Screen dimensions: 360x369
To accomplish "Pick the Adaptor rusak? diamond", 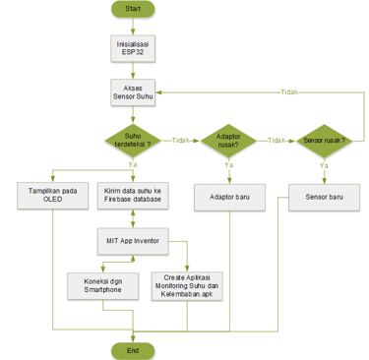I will [x=228, y=141].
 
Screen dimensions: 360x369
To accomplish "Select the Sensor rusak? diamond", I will [x=324, y=141].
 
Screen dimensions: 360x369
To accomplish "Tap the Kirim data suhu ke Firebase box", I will [x=132, y=194].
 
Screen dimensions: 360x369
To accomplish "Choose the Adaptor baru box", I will [x=228, y=195].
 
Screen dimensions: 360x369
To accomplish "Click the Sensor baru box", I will [x=324, y=195].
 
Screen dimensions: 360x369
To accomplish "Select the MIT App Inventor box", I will [x=132, y=239].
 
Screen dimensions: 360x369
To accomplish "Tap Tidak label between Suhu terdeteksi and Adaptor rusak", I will [x=180, y=141].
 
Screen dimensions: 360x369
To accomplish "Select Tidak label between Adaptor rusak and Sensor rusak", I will [x=277, y=141].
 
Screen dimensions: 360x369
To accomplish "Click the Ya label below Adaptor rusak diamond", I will [x=228, y=165].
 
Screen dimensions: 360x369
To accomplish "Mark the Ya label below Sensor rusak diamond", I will [x=324, y=165].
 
